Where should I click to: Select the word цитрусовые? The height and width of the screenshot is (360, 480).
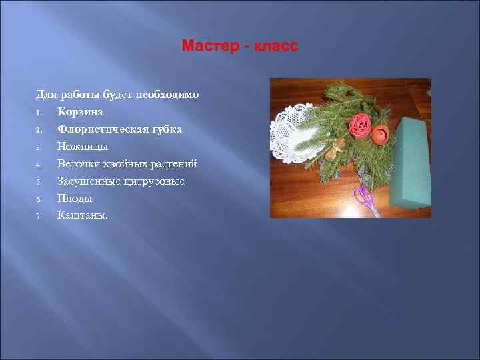[x=153, y=181]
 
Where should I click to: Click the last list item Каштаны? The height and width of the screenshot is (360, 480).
[x=82, y=215]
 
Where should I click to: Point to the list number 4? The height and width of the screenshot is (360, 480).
[x=39, y=164]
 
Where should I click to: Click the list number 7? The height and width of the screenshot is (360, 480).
[x=39, y=215]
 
